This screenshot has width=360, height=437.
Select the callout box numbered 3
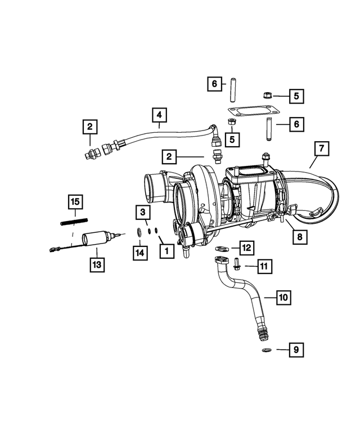click(x=143, y=212)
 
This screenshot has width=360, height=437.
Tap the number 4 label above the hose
click(x=159, y=115)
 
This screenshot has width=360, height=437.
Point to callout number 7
click(x=321, y=149)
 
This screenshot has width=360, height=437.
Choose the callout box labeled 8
click(x=300, y=237)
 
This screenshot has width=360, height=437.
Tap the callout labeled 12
click(x=246, y=247)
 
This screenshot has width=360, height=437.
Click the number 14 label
click(x=140, y=253)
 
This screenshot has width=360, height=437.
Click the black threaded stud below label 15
click(x=75, y=222)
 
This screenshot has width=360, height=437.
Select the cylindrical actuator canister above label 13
click(x=93, y=240)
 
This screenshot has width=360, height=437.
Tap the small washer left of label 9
click(x=265, y=351)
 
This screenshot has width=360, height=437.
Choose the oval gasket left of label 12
click(x=222, y=247)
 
